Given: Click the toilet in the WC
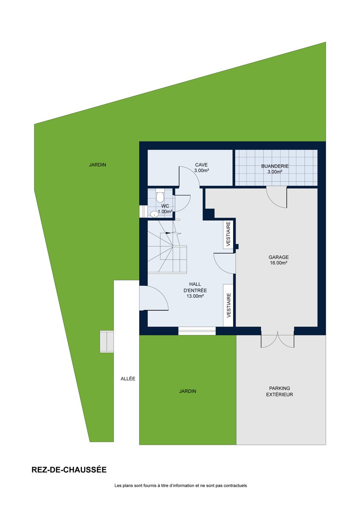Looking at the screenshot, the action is click(x=160, y=196).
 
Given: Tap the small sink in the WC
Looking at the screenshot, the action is click(x=155, y=214).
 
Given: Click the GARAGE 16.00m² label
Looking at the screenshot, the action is click(x=278, y=260).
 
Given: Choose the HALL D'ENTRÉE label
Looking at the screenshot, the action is click(x=195, y=290).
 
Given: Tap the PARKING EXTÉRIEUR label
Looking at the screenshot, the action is click(x=279, y=391).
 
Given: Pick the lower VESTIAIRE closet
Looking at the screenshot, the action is click(x=228, y=305).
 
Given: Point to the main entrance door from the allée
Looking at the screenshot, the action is click(x=154, y=298).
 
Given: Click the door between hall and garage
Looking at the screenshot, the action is click(x=225, y=263).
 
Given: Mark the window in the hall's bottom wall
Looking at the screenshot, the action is click(x=197, y=331).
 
